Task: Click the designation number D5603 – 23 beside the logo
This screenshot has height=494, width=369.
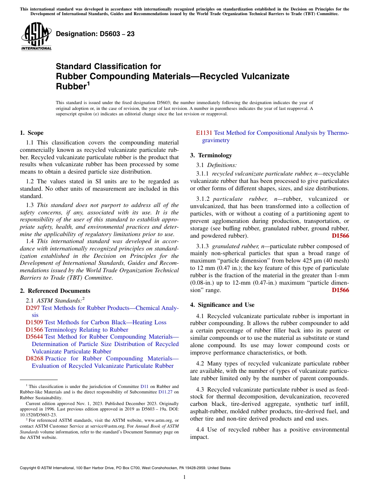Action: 95,34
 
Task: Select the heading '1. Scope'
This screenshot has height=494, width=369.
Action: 32,133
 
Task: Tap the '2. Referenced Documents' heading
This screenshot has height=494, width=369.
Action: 55,291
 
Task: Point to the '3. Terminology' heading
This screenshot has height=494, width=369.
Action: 211,155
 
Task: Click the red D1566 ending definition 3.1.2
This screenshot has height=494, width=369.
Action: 340,236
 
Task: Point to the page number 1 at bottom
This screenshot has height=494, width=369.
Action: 184,477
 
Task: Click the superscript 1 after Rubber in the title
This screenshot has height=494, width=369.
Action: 88,83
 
